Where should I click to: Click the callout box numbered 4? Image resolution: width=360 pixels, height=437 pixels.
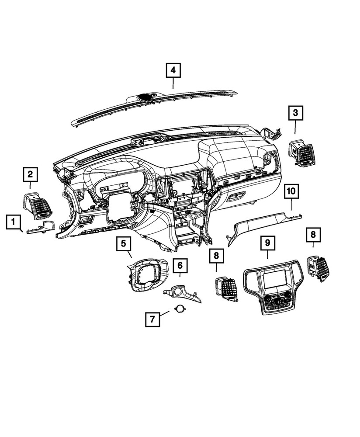pos(173,70)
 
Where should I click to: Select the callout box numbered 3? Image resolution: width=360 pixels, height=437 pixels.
pos(295,114)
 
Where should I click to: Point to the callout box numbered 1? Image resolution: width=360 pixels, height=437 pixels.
pos(14,223)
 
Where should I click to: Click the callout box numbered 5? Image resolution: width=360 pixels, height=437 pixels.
pos(124,243)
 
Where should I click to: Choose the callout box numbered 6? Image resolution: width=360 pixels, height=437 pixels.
pos(180,265)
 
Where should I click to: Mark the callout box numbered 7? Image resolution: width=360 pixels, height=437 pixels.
pos(152,319)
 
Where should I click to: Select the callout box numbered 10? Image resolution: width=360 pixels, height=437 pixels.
pos(291,191)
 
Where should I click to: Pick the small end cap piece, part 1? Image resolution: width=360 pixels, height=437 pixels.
pos(41,228)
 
